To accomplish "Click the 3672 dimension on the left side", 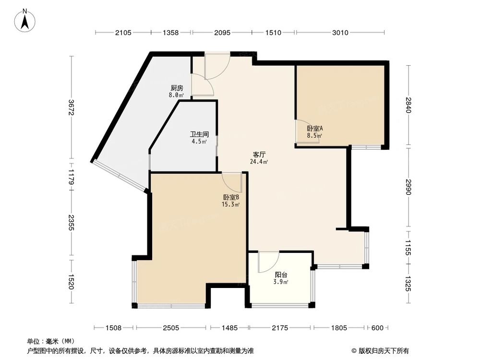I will [71, 108].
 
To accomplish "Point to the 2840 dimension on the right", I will [408, 105].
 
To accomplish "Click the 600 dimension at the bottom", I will [377, 328].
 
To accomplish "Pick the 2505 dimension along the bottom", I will [171, 328].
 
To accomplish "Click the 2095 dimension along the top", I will [222, 33].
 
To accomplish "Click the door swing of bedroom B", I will [232, 181].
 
